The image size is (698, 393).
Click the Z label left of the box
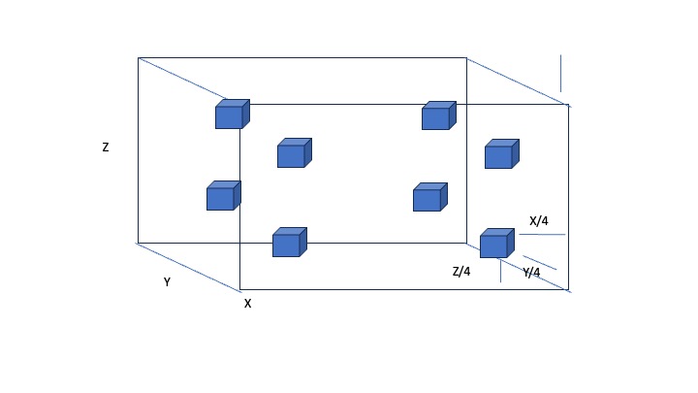(x=106, y=148)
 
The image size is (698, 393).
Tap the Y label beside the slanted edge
(x=167, y=282)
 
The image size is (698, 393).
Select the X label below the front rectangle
(x=247, y=304)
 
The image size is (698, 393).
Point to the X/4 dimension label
(x=539, y=221)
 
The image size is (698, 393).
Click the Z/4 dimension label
(x=461, y=272)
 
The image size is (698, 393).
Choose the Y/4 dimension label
(x=531, y=273)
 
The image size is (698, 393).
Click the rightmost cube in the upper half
(x=501, y=154)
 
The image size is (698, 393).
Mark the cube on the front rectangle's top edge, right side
(x=438, y=116)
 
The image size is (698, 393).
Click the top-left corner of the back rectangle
(x=138, y=57)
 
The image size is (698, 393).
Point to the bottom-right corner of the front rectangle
(x=568, y=289)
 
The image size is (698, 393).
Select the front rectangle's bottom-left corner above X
(x=240, y=289)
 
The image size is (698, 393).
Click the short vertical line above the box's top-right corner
(x=560, y=73)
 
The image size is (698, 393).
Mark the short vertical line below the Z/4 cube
(x=500, y=270)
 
